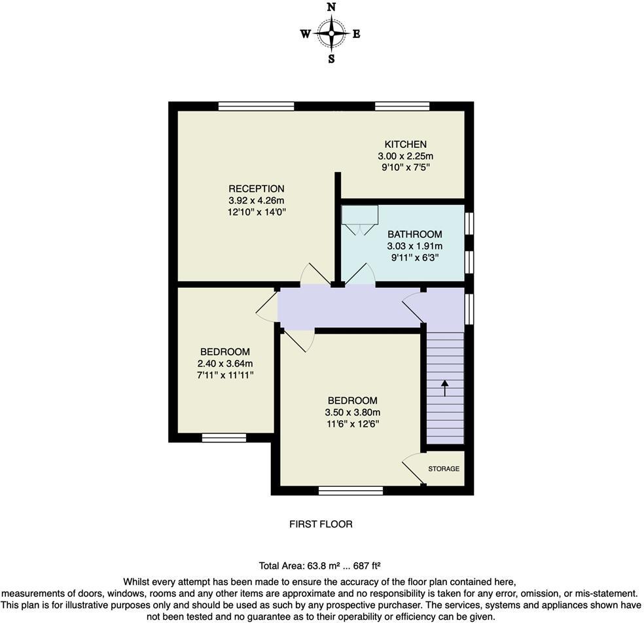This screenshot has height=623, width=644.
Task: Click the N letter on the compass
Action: tap(331, 7)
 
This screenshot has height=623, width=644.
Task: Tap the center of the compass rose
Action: tap(331, 33)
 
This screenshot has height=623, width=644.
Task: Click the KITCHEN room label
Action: tap(405, 144)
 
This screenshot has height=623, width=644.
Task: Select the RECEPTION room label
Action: tap(257, 188)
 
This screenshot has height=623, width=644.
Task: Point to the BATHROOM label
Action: tap(414, 234)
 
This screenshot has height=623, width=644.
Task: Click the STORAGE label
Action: tap(444, 469)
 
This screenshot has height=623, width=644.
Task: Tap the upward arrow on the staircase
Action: tap(445, 387)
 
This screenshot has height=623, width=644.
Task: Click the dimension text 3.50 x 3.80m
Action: tap(352, 412)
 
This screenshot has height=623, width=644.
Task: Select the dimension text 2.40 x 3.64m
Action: tap(225, 363)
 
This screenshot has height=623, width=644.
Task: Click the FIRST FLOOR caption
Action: tap(321, 524)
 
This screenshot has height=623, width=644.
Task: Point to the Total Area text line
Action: tap(320, 565)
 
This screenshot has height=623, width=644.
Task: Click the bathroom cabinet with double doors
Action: tap(359, 219)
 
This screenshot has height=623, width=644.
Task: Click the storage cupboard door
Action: tap(412, 469)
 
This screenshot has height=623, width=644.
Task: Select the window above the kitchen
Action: tap(402, 106)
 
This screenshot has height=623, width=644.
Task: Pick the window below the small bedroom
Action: tap(224, 438)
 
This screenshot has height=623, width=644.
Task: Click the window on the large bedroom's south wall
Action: tap(350, 490)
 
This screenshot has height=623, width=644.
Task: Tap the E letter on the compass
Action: tap(357, 35)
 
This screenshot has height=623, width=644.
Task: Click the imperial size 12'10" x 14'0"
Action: tap(257, 212)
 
